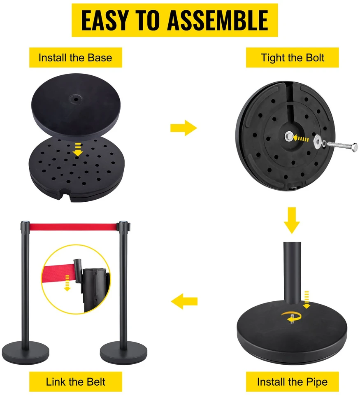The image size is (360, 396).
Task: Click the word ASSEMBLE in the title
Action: click(218, 20)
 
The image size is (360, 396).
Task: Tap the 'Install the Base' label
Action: click(75, 58)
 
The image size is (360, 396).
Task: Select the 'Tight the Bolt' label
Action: click(293, 58)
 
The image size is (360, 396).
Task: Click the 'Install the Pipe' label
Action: click(293, 382)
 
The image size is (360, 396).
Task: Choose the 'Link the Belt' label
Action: click(75, 382)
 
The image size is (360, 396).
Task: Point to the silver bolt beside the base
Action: click(342, 146)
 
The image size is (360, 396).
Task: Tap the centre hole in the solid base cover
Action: click(75, 99)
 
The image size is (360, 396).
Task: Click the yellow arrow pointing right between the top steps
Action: click(183, 128)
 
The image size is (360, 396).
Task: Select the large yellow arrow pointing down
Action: click(292, 220)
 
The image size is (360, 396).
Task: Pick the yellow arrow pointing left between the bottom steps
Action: click(184, 301)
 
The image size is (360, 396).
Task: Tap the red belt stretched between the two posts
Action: click(73, 227)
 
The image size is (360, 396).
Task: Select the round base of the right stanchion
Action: click(123, 353)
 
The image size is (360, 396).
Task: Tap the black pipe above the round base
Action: click(293, 273)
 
